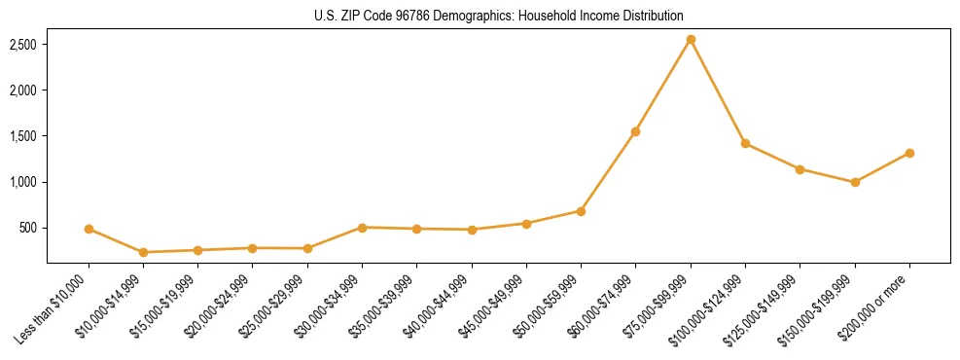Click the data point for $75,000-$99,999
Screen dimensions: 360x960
pos(691,39)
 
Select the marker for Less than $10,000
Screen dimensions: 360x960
pos(89,229)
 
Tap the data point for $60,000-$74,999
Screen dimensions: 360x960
pos(635,131)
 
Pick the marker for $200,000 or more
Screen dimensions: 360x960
pos(909,153)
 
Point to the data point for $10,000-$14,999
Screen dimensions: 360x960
pos(143,252)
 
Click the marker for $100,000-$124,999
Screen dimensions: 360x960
pos(745,143)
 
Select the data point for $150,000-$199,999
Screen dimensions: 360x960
pos(855,182)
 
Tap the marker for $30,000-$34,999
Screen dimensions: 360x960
pos(362,228)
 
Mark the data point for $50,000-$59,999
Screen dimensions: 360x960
pos(581,210)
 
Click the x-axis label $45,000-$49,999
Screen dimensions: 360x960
pos(495,306)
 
